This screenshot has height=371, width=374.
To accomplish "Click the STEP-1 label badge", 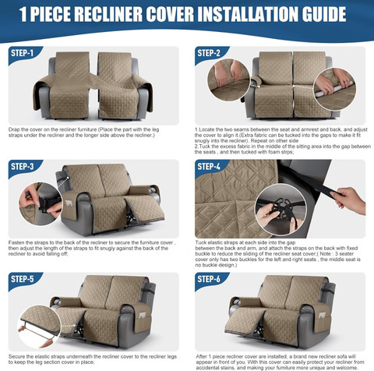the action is [23, 54].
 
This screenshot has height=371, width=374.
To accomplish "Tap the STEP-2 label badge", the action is [210, 54].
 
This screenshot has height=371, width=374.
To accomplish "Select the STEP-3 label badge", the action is [23, 167].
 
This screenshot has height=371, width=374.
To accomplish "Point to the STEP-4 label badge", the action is [210, 167].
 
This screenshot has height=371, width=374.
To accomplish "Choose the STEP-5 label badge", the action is [23, 280].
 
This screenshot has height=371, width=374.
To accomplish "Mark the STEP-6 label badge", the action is [210, 280].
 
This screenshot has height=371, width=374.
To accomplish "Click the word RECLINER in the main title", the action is [108, 14].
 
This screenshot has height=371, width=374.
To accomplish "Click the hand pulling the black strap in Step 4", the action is [351, 200].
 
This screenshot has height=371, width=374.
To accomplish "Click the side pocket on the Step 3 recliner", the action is [68, 203].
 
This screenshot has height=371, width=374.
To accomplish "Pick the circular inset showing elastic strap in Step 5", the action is [40, 327].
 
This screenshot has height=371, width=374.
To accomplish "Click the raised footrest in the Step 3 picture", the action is [144, 208].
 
